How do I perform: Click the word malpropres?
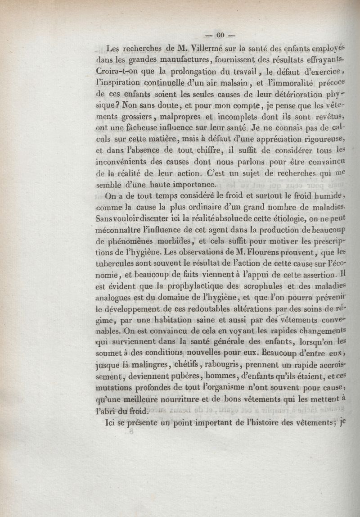[168, 118]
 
